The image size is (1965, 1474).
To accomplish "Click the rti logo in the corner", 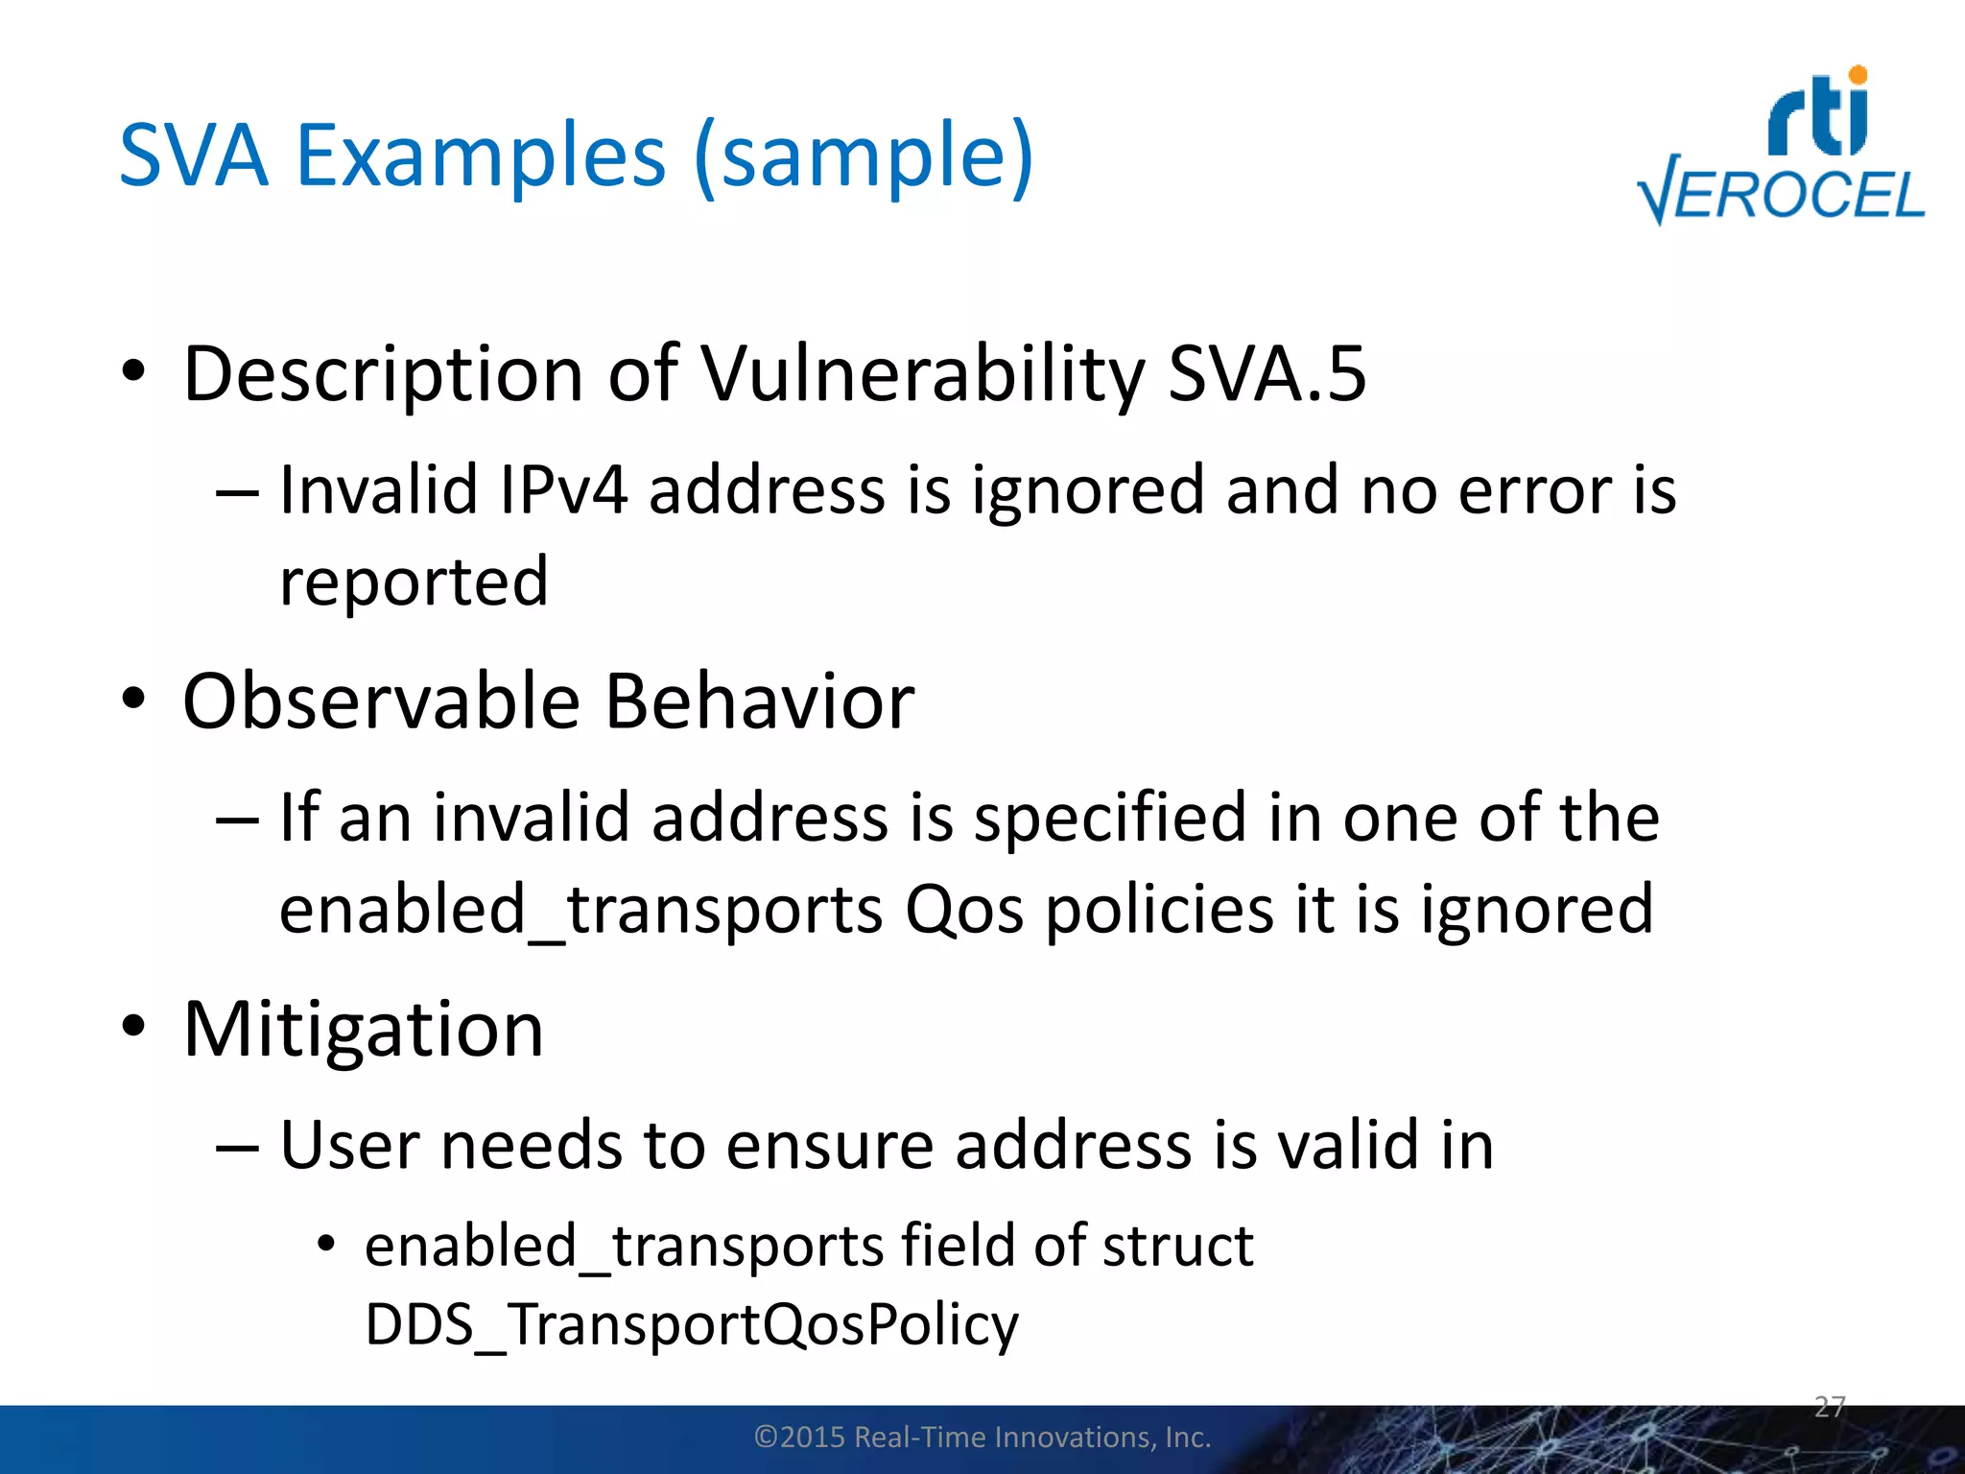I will (1818, 113).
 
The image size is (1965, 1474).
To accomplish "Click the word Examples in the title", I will (480, 155).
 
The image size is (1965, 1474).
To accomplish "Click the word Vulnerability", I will (923, 374).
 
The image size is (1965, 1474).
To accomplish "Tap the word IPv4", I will (563, 489).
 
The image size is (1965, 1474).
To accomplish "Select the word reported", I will (414, 582).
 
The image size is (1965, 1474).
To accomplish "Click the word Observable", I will (381, 701).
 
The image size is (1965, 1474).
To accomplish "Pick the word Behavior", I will (759, 701).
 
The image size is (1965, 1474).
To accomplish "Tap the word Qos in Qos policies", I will (964, 910).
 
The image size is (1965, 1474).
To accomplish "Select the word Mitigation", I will (364, 1030).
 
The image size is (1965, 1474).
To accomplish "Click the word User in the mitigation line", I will (349, 1145).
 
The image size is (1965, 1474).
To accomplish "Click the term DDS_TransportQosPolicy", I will (692, 1325).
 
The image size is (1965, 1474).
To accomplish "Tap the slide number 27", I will (1830, 1407).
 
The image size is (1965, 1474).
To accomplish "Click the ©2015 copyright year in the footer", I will (801, 1438).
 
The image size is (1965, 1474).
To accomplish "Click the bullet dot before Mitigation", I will (133, 1025).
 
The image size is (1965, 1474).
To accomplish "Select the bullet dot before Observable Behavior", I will (133, 698).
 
